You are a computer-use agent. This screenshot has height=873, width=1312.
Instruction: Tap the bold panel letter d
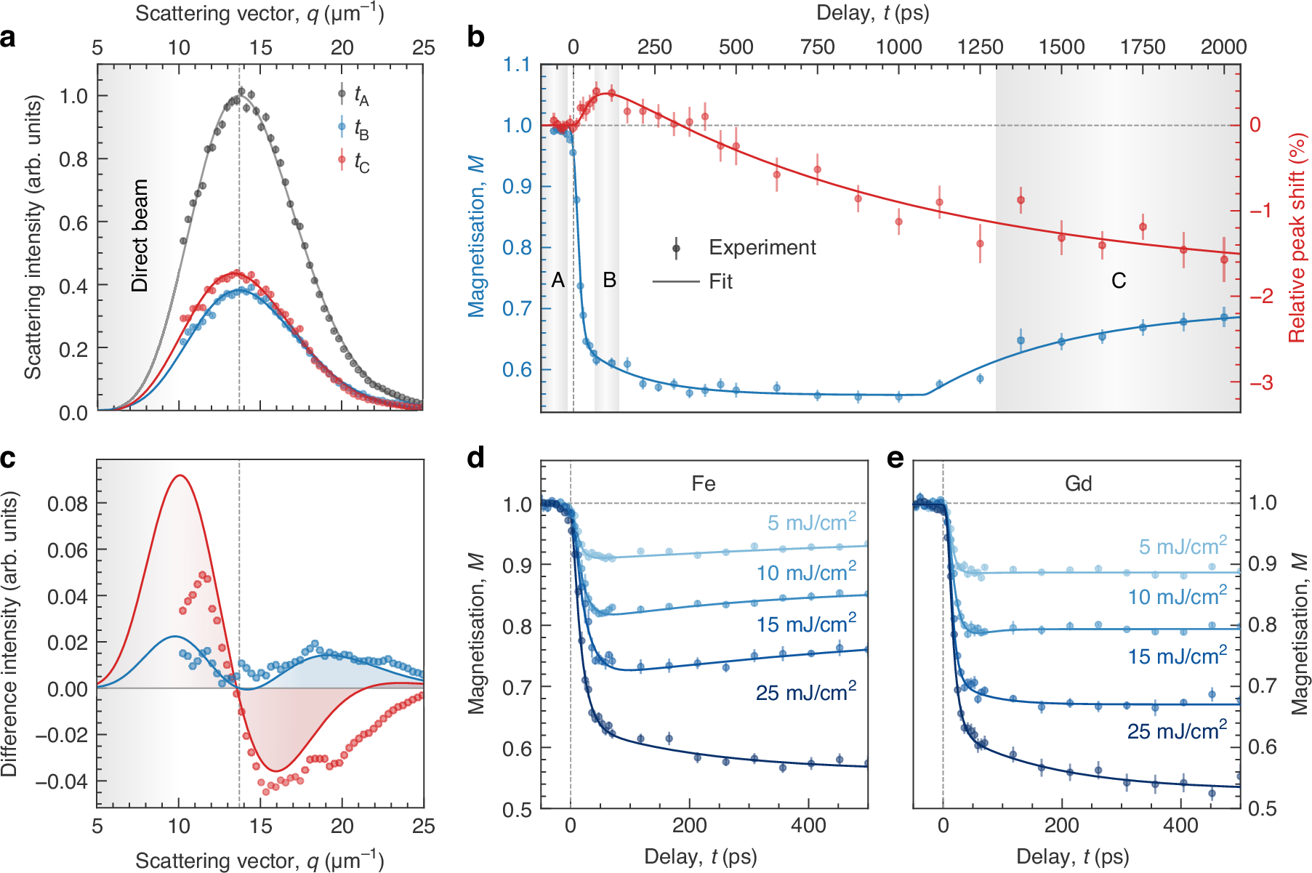click(476, 459)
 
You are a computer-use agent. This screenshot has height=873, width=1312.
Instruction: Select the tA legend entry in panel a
click(361, 95)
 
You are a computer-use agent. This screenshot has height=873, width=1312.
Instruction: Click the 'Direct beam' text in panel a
click(140, 236)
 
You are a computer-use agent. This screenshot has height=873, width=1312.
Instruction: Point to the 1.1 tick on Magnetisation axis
click(516, 65)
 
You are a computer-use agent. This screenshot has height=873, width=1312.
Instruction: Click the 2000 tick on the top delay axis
click(1223, 47)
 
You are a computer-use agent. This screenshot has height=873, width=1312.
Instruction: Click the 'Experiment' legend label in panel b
click(762, 248)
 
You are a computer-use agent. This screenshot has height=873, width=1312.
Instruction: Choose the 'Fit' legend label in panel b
click(720, 282)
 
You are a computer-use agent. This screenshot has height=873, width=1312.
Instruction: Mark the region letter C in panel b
click(1118, 281)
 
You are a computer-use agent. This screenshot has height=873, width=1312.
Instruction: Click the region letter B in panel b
click(609, 281)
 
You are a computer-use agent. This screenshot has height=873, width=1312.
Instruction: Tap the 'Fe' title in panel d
click(703, 484)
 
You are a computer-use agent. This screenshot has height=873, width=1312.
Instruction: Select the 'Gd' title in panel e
click(1077, 484)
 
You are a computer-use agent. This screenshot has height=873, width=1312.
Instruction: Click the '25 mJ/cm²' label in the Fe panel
click(805, 692)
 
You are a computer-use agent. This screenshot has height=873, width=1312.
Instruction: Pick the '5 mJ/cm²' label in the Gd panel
click(1182, 546)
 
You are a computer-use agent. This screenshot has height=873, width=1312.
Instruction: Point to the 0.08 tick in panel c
click(67, 504)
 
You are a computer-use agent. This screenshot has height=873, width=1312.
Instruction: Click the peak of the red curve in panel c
click(179, 476)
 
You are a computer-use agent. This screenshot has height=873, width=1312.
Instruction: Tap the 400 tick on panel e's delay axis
click(1180, 826)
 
